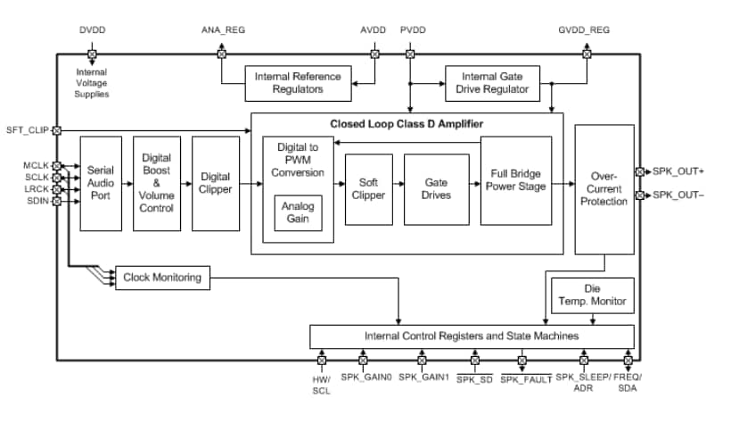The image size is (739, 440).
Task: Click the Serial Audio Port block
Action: click(x=100, y=183)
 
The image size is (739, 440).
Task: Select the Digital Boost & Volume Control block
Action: click(x=157, y=183)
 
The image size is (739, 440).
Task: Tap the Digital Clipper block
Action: click(x=216, y=183)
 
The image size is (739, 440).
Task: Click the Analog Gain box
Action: click(x=298, y=212)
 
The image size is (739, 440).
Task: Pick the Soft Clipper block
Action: click(x=368, y=188)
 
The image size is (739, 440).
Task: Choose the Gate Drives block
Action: click(x=436, y=188)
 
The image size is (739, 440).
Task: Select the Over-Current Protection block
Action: click(x=604, y=189)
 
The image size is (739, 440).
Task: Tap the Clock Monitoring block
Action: click(x=161, y=278)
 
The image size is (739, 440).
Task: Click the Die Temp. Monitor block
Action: click(x=592, y=295)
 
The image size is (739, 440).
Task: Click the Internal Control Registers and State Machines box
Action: click(x=472, y=336)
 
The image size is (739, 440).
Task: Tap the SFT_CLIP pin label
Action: click(x=27, y=130)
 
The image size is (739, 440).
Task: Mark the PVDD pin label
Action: click(x=413, y=29)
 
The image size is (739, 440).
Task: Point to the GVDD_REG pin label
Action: click(x=585, y=29)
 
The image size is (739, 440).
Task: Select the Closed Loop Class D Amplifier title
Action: click(x=407, y=123)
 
